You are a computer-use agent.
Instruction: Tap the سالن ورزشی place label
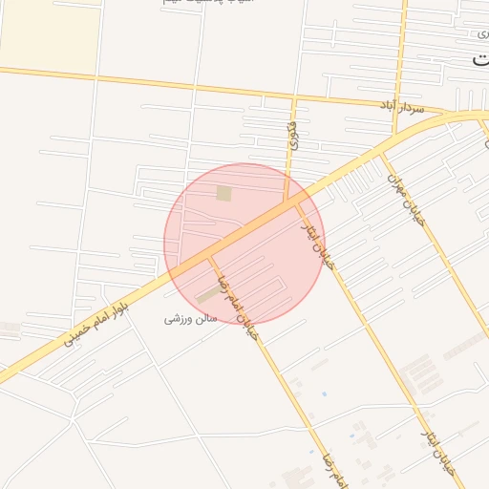pyautogui.click(x=190, y=317)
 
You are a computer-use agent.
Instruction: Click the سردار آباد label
pyautogui.click(x=402, y=107)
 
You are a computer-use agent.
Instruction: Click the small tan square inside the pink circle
pyautogui.click(x=223, y=194)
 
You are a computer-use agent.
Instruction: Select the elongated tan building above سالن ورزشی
pyautogui.click(x=207, y=294)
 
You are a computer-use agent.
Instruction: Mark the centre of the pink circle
pyautogui.click(x=244, y=244)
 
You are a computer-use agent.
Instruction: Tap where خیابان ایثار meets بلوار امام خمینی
pyautogui.click(x=293, y=202)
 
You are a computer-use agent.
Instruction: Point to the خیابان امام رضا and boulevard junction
pyautogui.click(x=211, y=257)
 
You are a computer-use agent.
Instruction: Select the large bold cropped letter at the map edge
pyautogui.click(x=480, y=60)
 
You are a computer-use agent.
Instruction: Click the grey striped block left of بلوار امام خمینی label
pyautogui.click(x=10, y=329)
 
